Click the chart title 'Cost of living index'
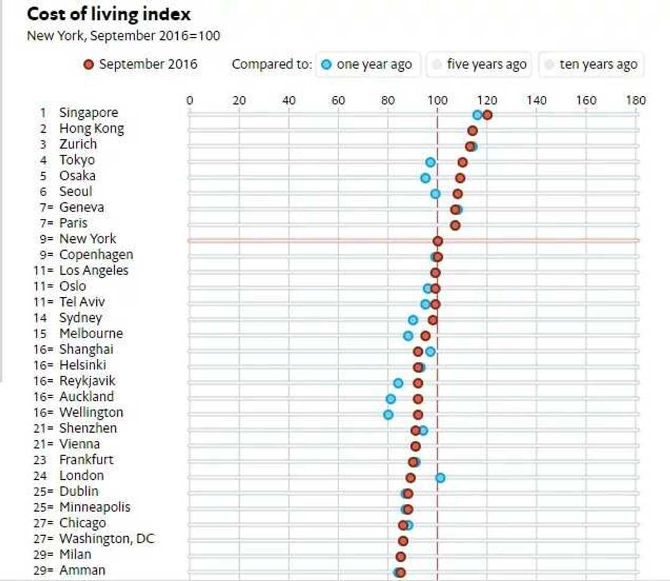coord(109,14)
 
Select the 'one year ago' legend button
coord(367,64)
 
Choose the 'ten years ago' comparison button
coord(591,64)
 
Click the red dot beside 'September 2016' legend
coord(89,64)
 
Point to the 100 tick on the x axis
coord(437,100)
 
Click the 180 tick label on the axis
coord(635,100)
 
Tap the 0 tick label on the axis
coord(190,100)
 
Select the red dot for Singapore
coord(487,115)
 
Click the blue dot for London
coord(440,477)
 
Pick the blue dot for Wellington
coord(388,414)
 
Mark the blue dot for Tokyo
coord(430,162)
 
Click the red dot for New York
coord(437,241)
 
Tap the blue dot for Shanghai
coord(430,351)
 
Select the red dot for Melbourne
coord(425,336)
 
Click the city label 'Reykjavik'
coord(87,381)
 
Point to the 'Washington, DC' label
coord(106,539)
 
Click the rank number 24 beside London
coord(43,476)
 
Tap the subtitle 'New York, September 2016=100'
coord(123,35)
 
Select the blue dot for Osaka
coord(425,178)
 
